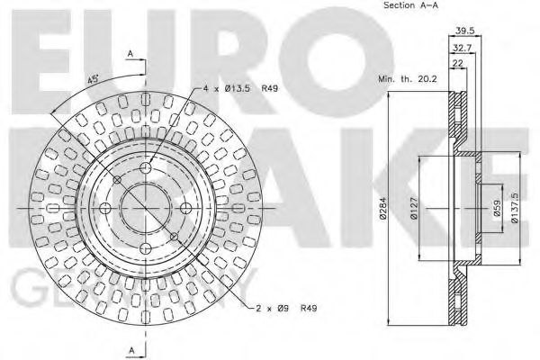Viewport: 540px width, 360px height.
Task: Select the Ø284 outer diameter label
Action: [383, 209]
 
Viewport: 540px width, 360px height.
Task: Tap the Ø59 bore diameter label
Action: [495, 209]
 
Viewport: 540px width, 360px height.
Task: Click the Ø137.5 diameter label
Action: [516, 209]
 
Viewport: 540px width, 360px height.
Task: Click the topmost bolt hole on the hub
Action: [148, 168]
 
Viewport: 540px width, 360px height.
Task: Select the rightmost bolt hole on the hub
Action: [186, 207]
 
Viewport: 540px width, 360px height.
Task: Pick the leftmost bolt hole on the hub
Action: [107, 207]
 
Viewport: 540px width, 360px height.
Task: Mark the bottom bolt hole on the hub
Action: [148, 247]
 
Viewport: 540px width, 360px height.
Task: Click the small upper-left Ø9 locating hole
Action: [119, 179]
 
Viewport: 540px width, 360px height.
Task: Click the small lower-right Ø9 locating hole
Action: [175, 236]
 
